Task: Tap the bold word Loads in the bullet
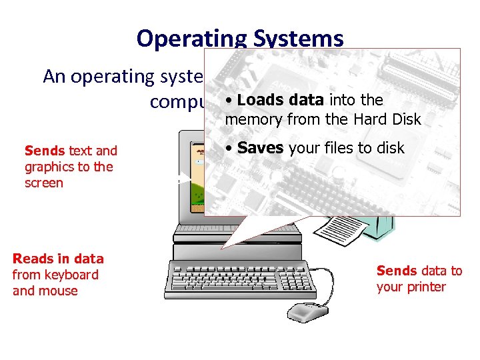(x=259, y=101)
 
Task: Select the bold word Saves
(x=260, y=148)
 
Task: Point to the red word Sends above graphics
(x=45, y=151)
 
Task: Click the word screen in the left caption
(x=44, y=183)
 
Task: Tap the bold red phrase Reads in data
(x=59, y=259)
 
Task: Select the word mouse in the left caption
(x=60, y=291)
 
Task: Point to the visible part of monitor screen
(x=197, y=180)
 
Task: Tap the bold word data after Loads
(x=308, y=101)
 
